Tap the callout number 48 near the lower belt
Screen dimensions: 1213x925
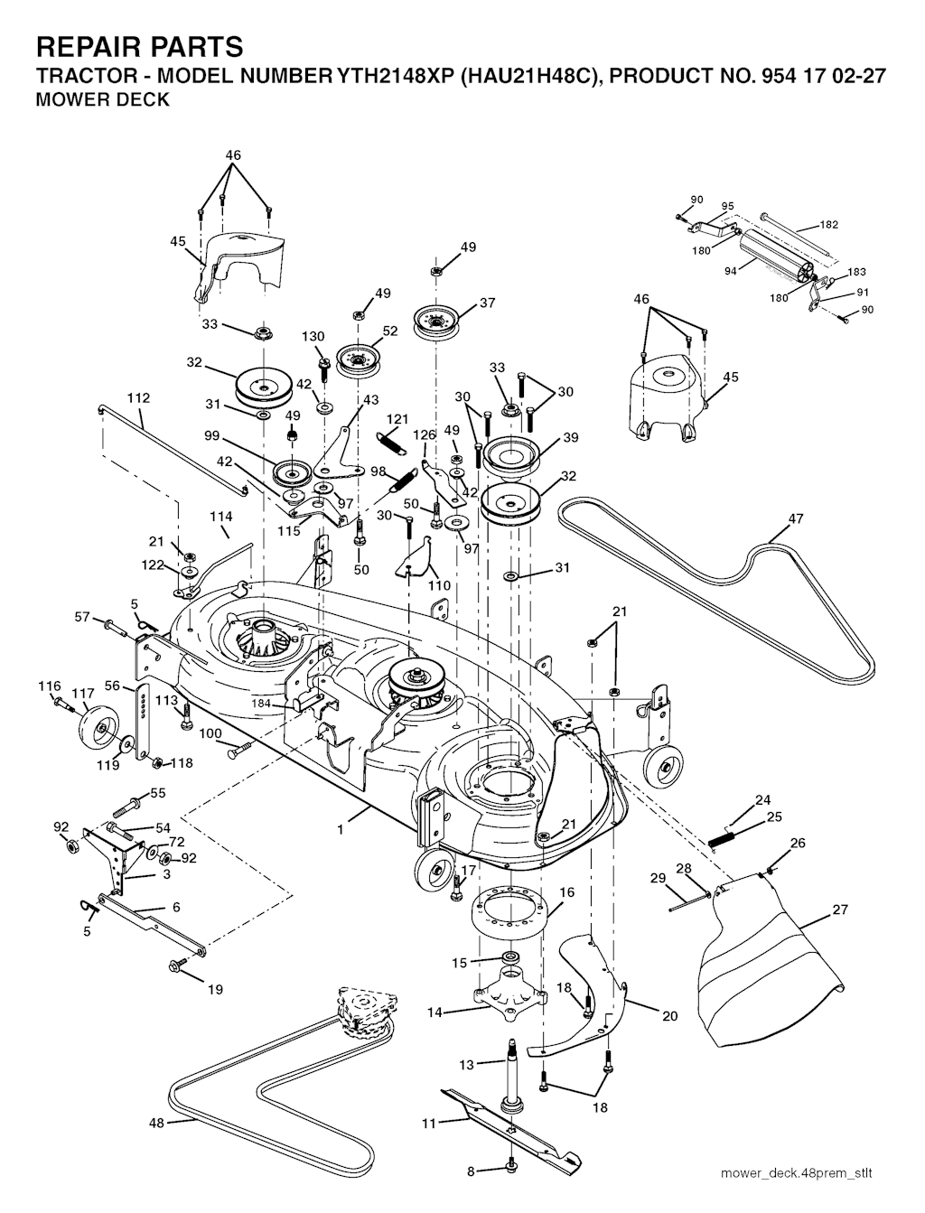[157, 1123]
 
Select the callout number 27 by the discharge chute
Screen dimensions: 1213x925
[840, 910]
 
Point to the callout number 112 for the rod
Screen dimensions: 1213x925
[138, 397]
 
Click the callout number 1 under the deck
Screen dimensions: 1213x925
[341, 826]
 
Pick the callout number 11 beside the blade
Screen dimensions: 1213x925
[429, 1123]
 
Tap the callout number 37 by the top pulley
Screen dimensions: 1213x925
[488, 303]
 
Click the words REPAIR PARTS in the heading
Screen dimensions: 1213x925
[139, 46]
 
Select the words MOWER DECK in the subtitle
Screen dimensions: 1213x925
[101, 100]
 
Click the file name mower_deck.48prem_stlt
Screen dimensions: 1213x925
[797, 1173]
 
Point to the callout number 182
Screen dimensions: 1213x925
[829, 225]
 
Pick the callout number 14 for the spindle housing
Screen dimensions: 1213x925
[434, 1012]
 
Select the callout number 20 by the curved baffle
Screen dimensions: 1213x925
[669, 1015]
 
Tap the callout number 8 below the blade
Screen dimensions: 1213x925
[470, 1171]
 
